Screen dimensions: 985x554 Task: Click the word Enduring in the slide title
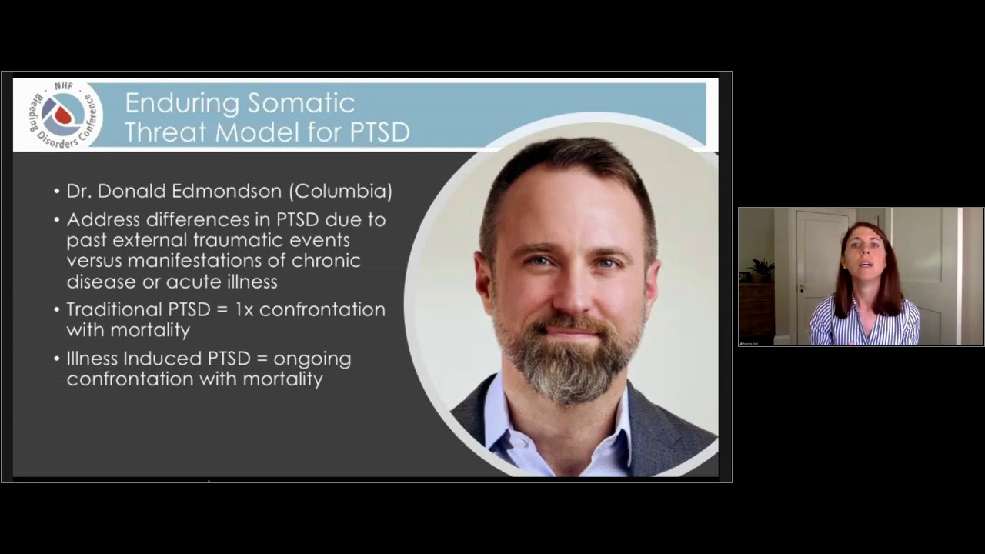(x=182, y=104)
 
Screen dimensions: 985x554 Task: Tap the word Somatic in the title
(x=301, y=103)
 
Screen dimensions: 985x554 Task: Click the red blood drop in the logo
(x=62, y=115)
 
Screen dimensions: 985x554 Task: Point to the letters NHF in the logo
(x=63, y=85)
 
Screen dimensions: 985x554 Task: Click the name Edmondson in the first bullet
(x=226, y=191)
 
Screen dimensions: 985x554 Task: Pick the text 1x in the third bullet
(x=244, y=310)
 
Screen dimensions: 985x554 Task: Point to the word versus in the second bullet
(x=94, y=262)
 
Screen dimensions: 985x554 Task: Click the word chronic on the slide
(x=326, y=260)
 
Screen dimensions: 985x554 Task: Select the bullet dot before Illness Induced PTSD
(x=57, y=359)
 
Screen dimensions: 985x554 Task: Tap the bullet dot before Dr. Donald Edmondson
(x=57, y=192)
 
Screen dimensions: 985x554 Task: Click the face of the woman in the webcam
(x=864, y=254)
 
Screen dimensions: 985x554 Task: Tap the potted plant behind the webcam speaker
(x=762, y=269)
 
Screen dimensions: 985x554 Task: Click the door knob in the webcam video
(x=802, y=290)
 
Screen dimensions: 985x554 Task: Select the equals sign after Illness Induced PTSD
(x=262, y=359)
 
